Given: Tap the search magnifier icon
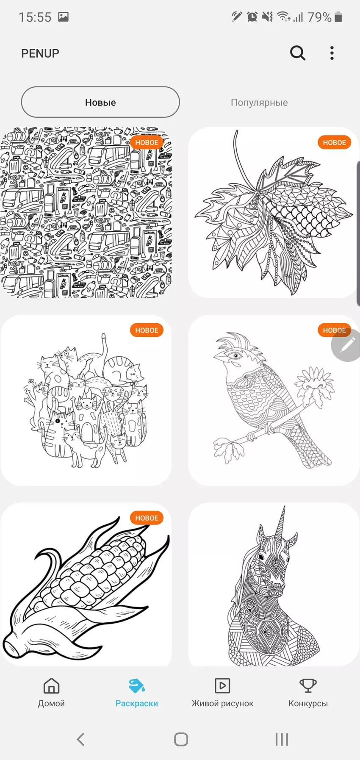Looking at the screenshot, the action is pos(298,53).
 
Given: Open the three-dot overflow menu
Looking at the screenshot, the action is pos(332,53).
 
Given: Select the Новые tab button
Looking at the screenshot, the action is pos(100,102).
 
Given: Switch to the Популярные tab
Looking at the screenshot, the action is pos(259,103).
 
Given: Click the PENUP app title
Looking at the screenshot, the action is pos(40,53).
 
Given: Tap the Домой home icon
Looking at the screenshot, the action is pos(51,685).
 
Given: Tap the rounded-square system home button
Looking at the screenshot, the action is pos(181,739).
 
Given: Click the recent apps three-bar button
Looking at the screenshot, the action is pos(282,739).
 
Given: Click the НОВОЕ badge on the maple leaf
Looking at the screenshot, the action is pos(334,143).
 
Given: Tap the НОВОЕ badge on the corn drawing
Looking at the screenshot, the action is pos(147,518).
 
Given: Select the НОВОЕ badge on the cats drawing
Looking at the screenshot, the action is pos(147,330).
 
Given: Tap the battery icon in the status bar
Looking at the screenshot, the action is pos(338,17).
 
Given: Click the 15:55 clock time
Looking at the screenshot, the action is pos(35,17).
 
